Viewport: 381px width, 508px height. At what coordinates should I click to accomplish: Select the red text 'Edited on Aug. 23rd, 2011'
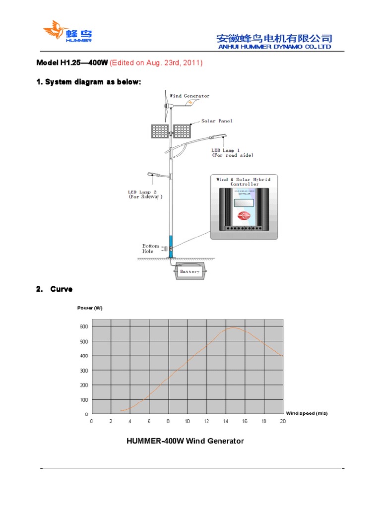click(x=156, y=63)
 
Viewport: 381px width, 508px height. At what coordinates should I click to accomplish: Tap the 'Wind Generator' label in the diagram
click(x=190, y=96)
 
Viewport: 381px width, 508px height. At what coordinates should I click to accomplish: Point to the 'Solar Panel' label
click(x=217, y=121)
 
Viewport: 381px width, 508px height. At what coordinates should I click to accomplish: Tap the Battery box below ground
click(x=190, y=271)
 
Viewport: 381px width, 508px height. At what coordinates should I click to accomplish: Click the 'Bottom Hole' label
click(x=151, y=248)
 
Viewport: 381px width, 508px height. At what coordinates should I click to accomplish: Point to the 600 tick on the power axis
click(x=83, y=326)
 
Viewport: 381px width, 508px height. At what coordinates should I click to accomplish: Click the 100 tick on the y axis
click(x=83, y=399)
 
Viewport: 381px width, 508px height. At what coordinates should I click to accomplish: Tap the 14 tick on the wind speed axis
click(x=225, y=421)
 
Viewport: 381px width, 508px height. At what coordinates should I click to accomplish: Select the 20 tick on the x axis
click(x=283, y=421)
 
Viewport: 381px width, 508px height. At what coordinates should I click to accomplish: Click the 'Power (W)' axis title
click(x=90, y=308)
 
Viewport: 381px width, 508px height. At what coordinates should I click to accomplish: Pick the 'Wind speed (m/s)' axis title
click(x=307, y=413)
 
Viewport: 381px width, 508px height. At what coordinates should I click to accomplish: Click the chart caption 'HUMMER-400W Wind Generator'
click(x=185, y=441)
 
